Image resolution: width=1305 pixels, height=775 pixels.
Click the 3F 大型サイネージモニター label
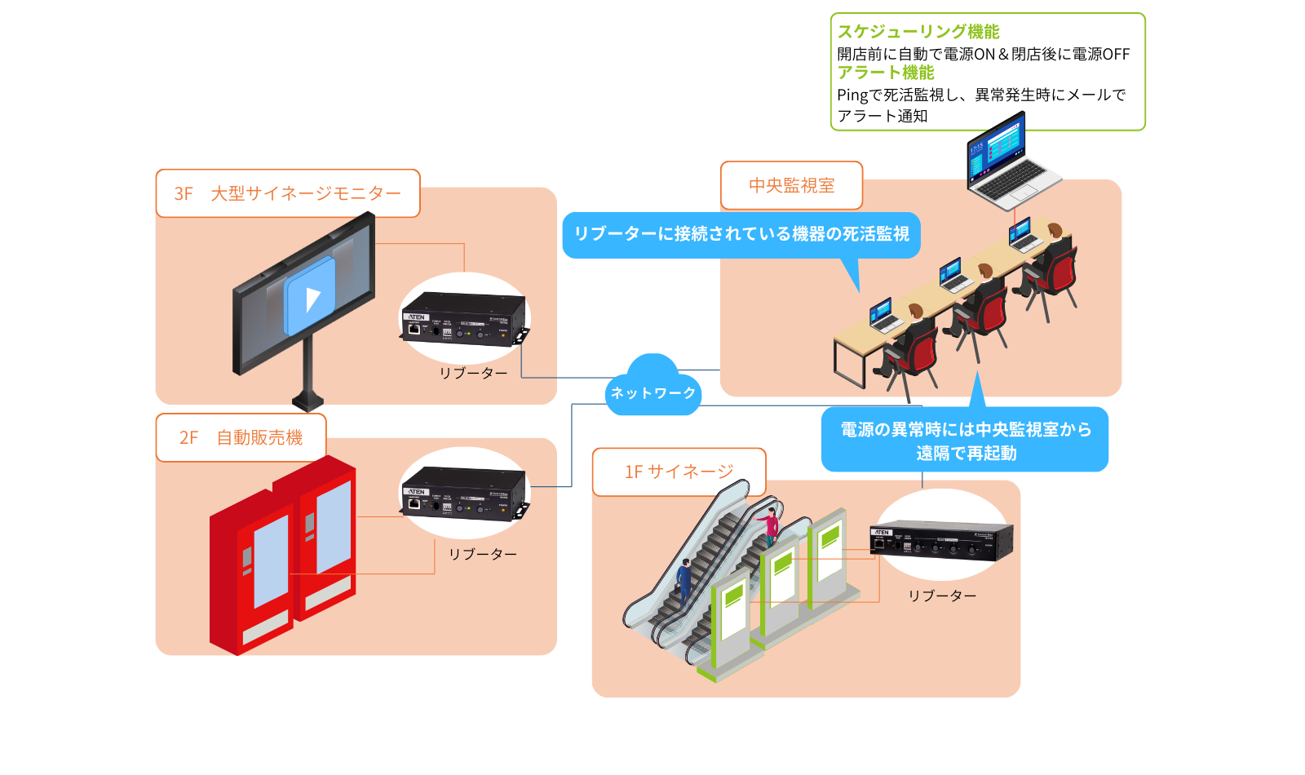(287, 193)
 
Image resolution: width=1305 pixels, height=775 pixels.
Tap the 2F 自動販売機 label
(241, 437)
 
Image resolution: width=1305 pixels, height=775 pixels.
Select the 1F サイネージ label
(679, 472)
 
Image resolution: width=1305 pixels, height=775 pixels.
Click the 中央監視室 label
(791, 185)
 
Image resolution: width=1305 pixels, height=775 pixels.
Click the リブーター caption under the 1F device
(942, 596)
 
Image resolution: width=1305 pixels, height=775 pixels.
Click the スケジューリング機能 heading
(918, 31)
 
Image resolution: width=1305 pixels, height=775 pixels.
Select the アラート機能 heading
(886, 73)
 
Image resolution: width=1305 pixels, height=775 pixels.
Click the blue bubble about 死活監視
(741, 234)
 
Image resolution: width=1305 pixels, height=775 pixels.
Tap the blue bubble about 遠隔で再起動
(966, 441)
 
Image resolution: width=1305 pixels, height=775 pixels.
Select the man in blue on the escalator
(683, 580)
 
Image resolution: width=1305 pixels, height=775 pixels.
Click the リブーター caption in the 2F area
(482, 554)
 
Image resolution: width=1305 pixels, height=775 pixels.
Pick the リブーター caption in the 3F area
(473, 373)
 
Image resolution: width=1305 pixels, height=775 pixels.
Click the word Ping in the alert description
(852, 95)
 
